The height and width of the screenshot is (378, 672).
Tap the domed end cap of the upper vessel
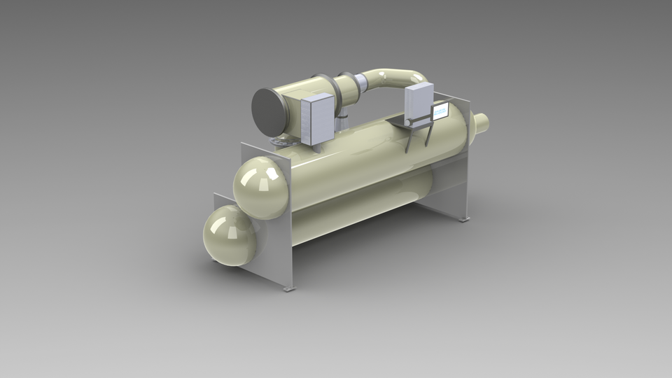tap(260, 188)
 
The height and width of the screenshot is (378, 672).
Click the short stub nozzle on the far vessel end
tap(482, 122)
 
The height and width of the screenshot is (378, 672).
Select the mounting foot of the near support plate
tap(288, 288)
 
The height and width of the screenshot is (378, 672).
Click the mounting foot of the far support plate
tap(464, 219)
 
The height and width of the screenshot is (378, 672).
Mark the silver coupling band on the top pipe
tap(363, 85)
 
